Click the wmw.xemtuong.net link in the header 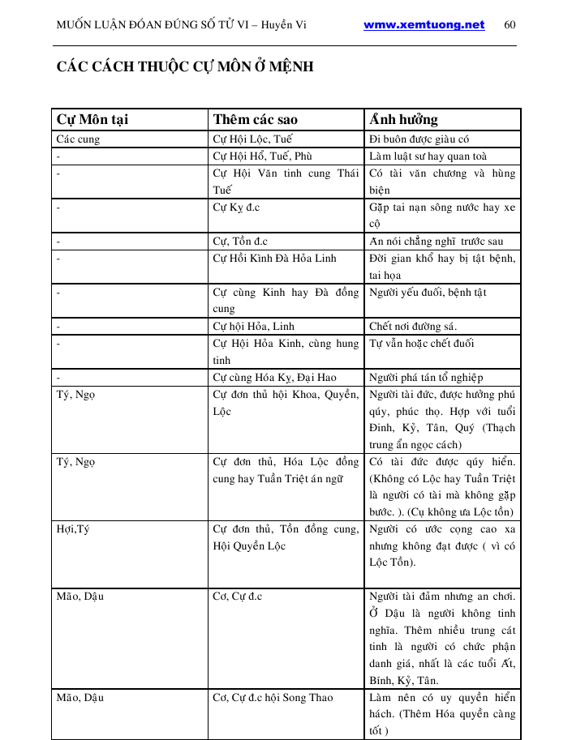pyautogui.click(x=424, y=25)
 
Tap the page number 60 pyautogui.click(x=510, y=25)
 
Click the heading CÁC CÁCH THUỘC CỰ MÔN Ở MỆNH pyautogui.click(x=185, y=66)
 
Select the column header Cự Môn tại pyautogui.click(x=92, y=119)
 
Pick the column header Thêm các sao pyautogui.click(x=255, y=119)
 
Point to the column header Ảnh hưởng pyautogui.click(x=403, y=119)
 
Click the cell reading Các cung pyautogui.click(x=77, y=139)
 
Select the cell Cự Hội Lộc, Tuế pyautogui.click(x=252, y=139)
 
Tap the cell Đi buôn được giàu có pyautogui.click(x=419, y=139)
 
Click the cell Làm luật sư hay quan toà pyautogui.click(x=428, y=156)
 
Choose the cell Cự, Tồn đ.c pyautogui.click(x=240, y=241)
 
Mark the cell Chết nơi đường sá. pyautogui.click(x=412, y=326)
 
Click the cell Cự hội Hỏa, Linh pyautogui.click(x=253, y=326)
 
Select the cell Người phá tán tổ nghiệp pyautogui.click(x=426, y=377)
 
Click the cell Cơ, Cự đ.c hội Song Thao pyautogui.click(x=273, y=697)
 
